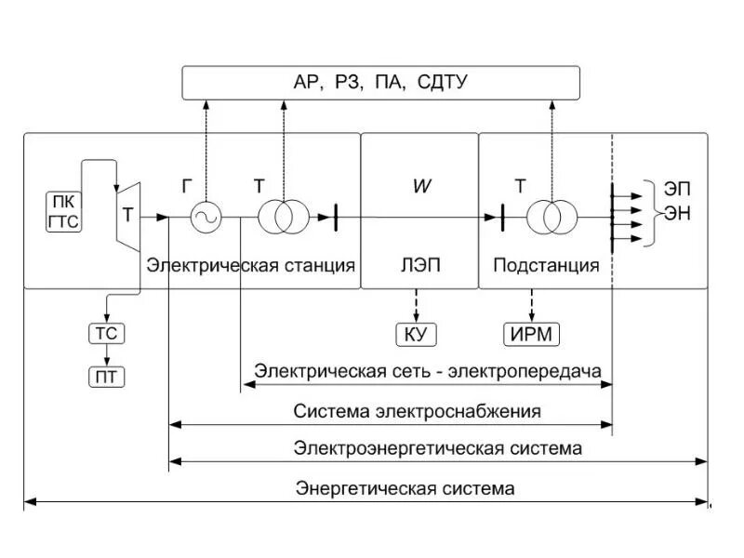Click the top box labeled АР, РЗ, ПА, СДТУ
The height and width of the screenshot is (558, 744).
pyautogui.click(x=380, y=84)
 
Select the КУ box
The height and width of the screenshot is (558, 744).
pyautogui.click(x=416, y=333)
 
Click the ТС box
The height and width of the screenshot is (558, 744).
pyautogui.click(x=106, y=333)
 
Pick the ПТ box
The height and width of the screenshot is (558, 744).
pyautogui.click(x=106, y=377)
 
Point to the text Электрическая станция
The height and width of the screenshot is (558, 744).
pyautogui.click(x=250, y=266)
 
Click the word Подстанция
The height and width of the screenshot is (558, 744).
pyautogui.click(x=546, y=266)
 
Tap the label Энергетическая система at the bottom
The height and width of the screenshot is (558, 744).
pyautogui.click(x=405, y=487)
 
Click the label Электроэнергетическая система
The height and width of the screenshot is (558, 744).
pyautogui.click(x=438, y=448)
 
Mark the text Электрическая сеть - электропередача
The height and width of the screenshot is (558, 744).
pyautogui.click(x=428, y=371)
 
